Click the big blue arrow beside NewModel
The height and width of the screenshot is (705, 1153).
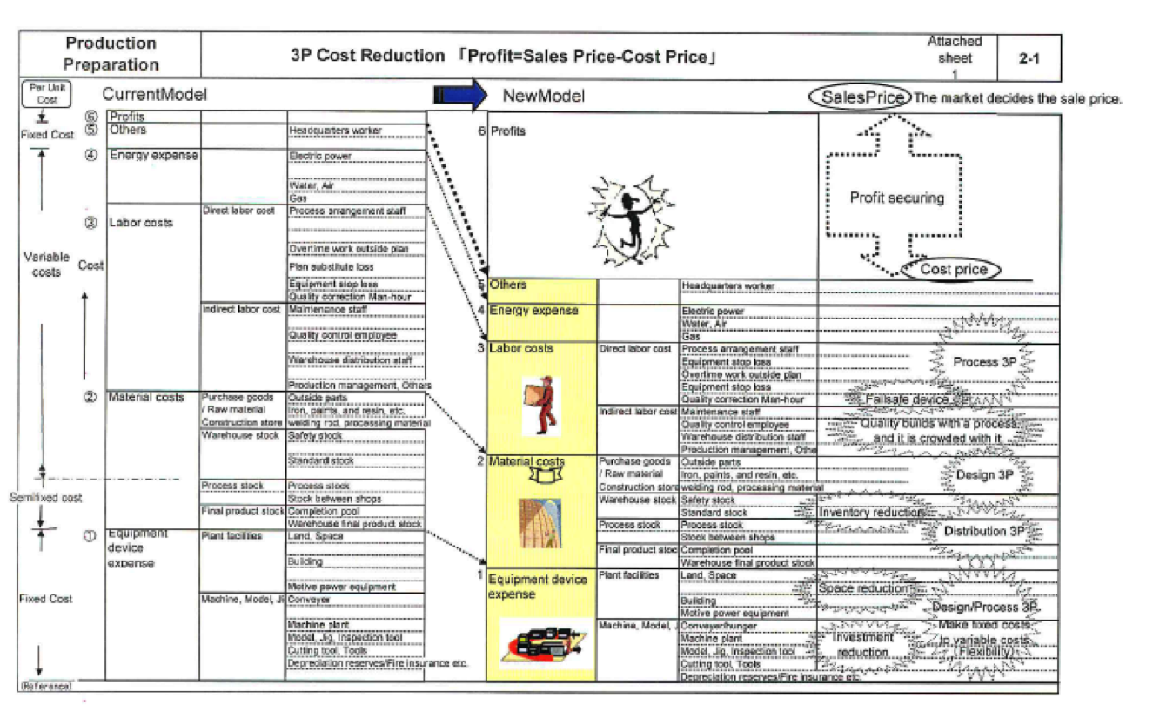[x=461, y=97]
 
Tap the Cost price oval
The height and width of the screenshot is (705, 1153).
[x=953, y=270]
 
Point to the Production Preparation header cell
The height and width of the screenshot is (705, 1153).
[x=111, y=54]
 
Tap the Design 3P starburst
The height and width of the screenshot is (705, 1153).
[x=985, y=475]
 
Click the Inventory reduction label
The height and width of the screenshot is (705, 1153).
[x=870, y=513]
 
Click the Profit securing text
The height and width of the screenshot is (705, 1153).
[x=896, y=198]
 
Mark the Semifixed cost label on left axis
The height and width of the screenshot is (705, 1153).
[x=45, y=498]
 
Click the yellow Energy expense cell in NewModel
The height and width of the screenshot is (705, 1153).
[x=540, y=322]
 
